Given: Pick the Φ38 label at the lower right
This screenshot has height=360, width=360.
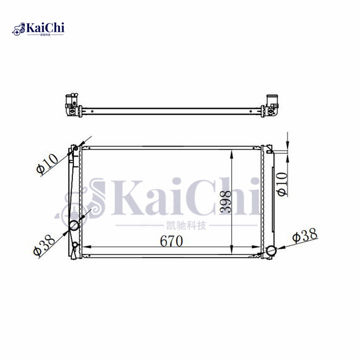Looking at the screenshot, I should [305, 235].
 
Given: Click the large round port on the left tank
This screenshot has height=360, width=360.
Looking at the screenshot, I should [74, 225].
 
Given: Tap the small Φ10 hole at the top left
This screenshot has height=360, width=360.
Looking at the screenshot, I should [76, 148].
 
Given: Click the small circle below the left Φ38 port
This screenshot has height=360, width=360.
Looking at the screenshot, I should [75, 245].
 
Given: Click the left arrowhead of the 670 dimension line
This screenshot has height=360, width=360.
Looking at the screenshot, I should [87, 247].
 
